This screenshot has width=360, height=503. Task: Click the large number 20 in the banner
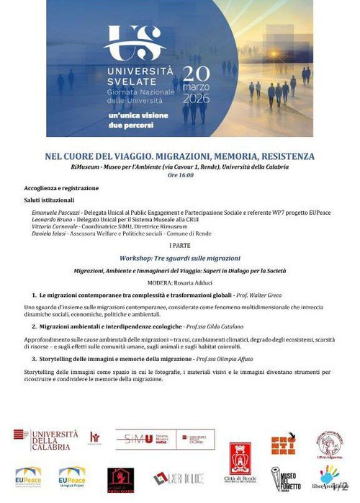pyautogui.click(x=201, y=74)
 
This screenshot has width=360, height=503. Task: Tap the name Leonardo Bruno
pyautogui.click(x=52, y=220)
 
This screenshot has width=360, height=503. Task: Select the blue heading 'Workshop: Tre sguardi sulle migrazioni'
pyautogui.click(x=180, y=257)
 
